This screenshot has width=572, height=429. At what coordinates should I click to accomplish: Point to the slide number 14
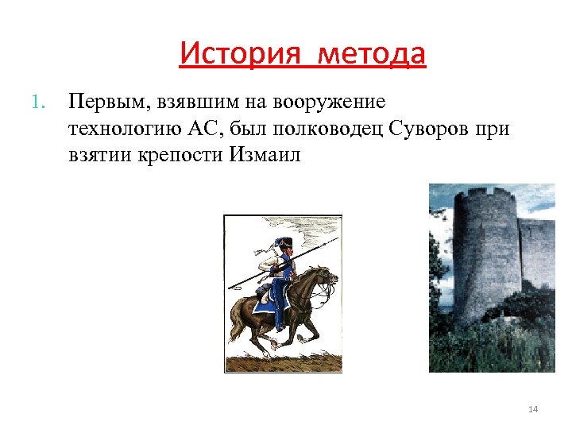533,409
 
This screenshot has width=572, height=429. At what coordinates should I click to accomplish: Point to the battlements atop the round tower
485,194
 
